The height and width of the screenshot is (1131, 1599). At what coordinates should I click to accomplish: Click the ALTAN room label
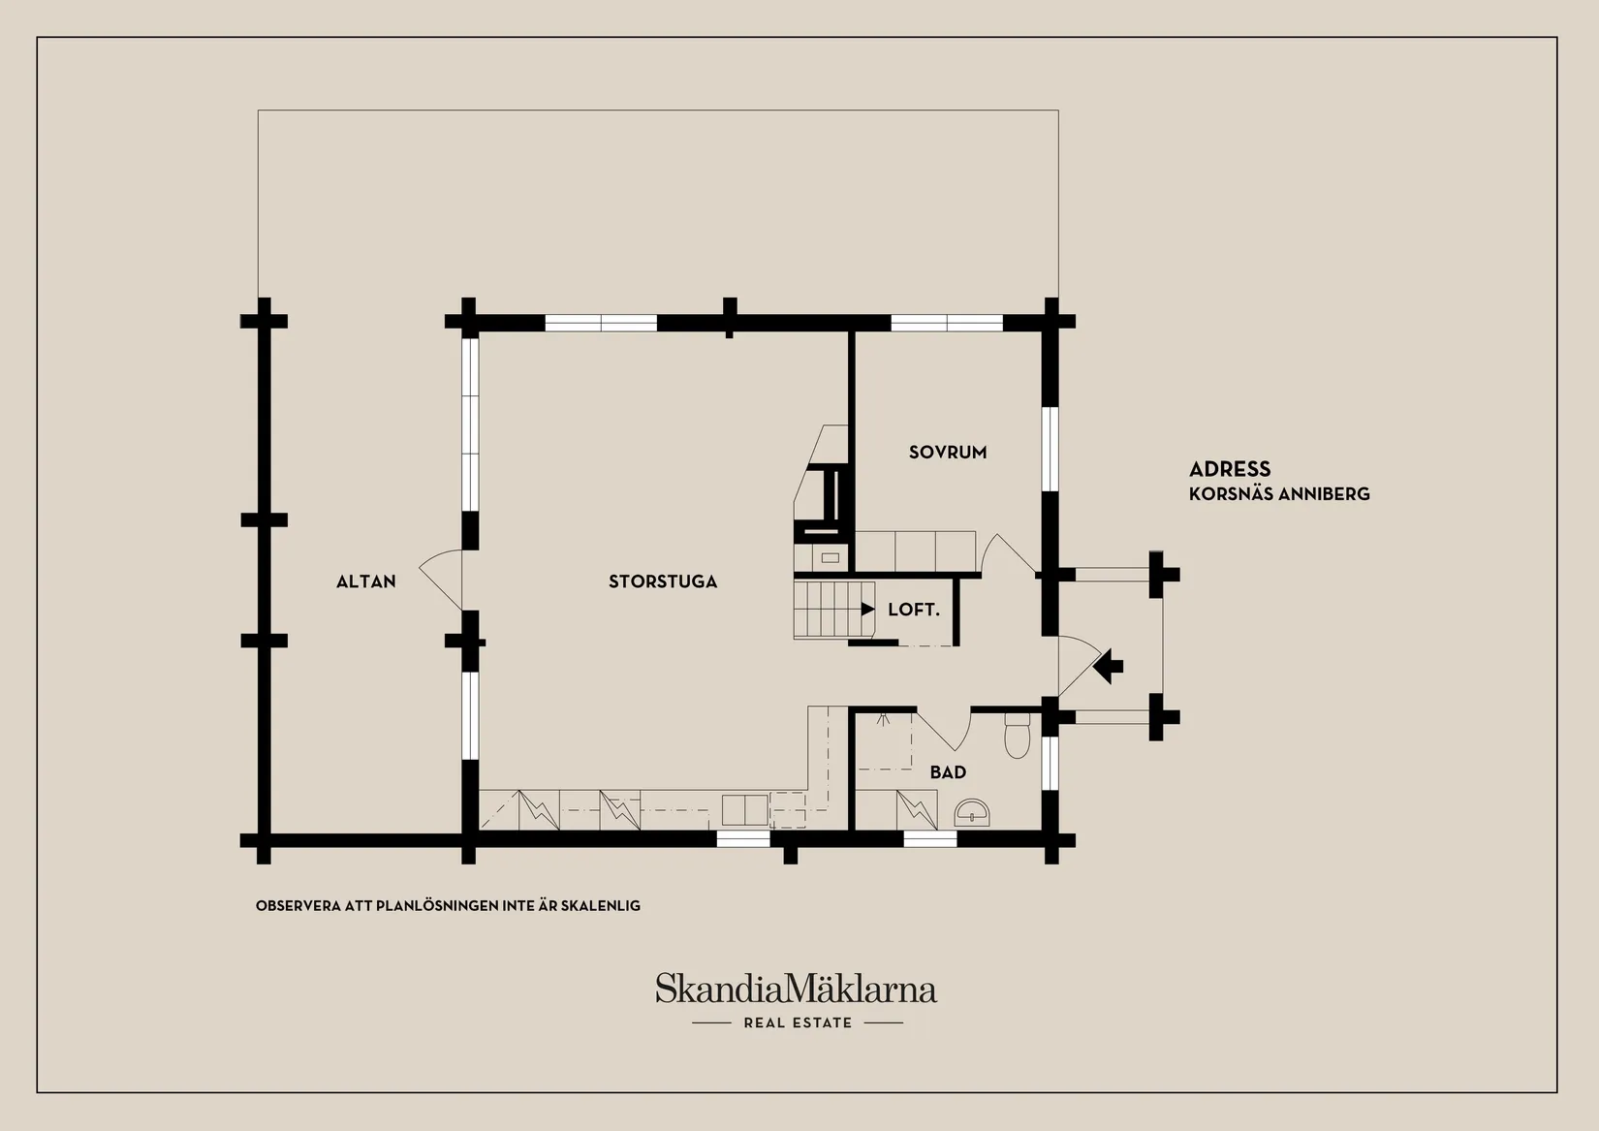click(365, 581)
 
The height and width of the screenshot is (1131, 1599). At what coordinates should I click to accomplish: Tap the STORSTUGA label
click(663, 581)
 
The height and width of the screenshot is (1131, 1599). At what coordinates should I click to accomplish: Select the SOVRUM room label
click(947, 452)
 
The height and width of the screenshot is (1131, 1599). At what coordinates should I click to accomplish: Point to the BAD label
click(948, 771)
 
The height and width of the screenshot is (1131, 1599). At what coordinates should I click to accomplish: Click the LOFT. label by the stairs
click(914, 610)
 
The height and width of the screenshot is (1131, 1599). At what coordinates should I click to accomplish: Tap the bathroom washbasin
click(972, 812)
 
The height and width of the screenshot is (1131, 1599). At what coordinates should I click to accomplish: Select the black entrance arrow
click(1108, 666)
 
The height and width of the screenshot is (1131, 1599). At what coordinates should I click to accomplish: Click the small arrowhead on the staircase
click(867, 609)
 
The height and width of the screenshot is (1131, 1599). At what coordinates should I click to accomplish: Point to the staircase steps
click(833, 609)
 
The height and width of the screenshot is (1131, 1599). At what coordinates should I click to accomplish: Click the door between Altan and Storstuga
click(441, 579)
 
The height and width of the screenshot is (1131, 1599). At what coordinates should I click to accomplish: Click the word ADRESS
click(1230, 469)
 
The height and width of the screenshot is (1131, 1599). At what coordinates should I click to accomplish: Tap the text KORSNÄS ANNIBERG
click(1279, 494)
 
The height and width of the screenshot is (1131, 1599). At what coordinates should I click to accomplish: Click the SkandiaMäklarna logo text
click(796, 989)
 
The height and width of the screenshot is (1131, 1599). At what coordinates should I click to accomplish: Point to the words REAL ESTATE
click(798, 1023)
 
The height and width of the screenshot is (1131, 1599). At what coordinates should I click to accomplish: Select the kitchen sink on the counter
click(744, 810)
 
